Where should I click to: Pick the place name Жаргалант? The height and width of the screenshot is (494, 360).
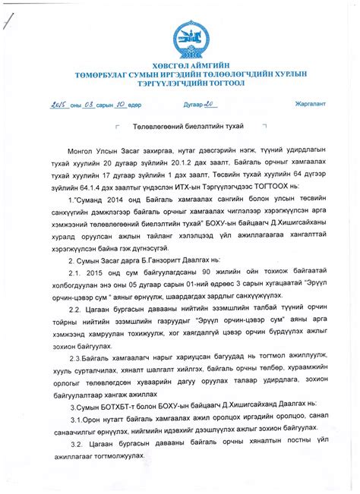pyautogui.click(x=308, y=103)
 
